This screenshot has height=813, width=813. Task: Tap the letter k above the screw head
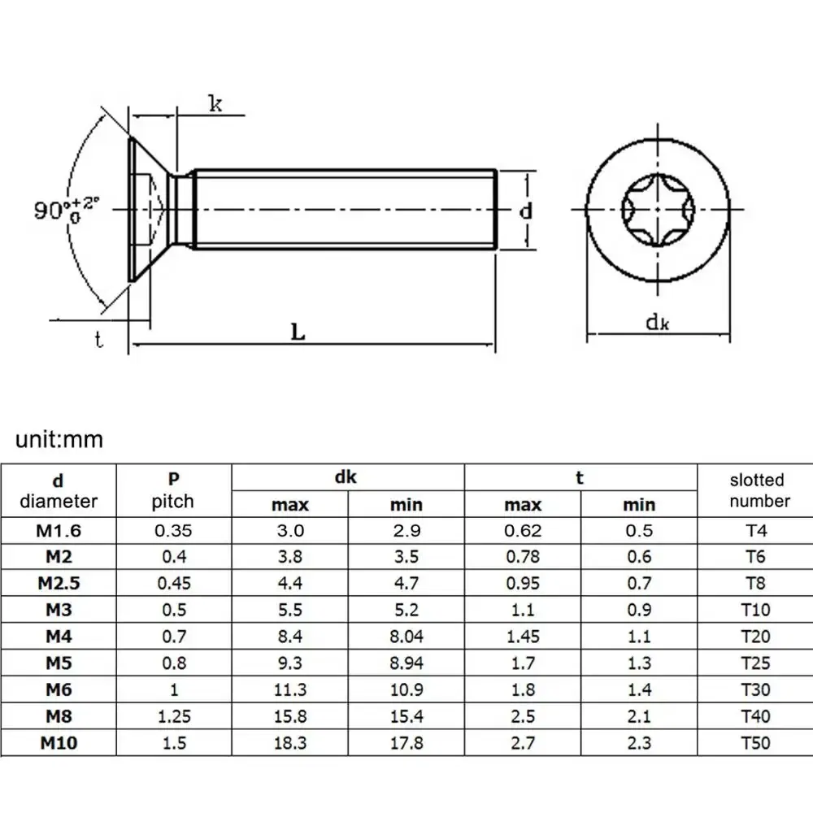[x=215, y=103]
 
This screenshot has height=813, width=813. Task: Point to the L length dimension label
[x=298, y=332]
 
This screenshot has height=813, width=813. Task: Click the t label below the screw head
[x=99, y=340]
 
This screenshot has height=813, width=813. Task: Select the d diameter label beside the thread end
[x=526, y=211]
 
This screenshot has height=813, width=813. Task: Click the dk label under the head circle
[x=657, y=322]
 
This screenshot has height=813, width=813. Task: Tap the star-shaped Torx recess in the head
[x=656, y=211]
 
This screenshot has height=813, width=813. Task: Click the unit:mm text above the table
[x=59, y=440]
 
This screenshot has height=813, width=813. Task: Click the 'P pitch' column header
[x=172, y=490]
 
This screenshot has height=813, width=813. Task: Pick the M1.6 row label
[x=59, y=531]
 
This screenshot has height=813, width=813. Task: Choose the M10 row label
[x=59, y=743]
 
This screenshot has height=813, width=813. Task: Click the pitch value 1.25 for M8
[x=172, y=716]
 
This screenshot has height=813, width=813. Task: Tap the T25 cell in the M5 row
[x=755, y=663]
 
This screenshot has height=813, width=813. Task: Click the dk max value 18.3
[x=290, y=743]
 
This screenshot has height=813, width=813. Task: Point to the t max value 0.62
[x=523, y=531]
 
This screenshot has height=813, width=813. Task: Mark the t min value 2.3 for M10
[x=639, y=743]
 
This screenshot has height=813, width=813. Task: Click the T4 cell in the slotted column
[x=755, y=531]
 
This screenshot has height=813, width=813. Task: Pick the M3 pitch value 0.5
[x=172, y=610]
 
